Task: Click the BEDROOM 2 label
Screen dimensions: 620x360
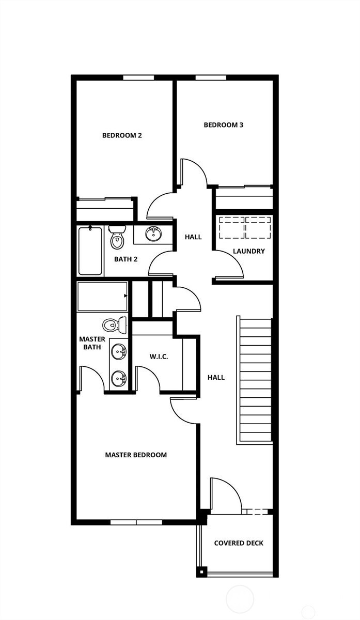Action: pos(122,135)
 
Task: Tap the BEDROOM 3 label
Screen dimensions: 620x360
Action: pos(223,125)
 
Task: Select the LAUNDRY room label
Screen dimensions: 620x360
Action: pos(249,251)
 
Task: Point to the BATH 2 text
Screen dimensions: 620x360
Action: pos(126,259)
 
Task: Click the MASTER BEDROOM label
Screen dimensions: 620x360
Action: pos(136,455)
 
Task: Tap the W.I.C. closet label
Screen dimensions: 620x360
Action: pos(159,357)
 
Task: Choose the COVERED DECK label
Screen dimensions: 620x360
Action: pos(239,543)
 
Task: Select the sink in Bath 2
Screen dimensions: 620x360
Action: pos(153,234)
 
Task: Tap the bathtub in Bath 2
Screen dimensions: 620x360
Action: pos(90,251)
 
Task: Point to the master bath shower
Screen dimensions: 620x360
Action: pos(102,297)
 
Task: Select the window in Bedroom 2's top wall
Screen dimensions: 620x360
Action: pos(138,78)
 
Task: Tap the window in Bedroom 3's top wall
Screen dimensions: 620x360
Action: pos(211,78)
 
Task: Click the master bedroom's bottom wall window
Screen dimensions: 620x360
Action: pos(136,522)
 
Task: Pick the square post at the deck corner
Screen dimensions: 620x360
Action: pos(201,572)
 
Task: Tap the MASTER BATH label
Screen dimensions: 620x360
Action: pos(92,343)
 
